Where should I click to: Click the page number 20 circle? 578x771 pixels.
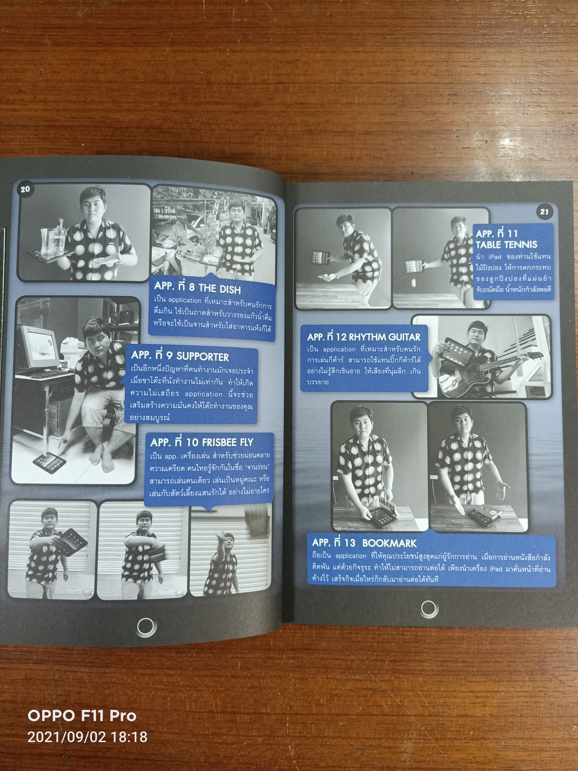tap(25, 190)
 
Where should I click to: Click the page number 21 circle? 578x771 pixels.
tap(544, 212)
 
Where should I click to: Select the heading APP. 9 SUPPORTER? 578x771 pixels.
tap(180, 356)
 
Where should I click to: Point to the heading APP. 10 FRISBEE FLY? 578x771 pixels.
tap(202, 442)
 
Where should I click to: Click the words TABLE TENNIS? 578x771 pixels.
tap(506, 245)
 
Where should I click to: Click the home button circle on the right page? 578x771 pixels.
tap(428, 609)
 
